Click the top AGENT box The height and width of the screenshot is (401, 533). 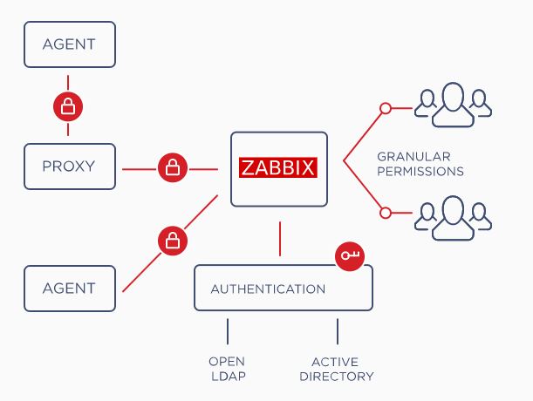click(x=69, y=44)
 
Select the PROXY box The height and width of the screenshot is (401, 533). click(x=69, y=167)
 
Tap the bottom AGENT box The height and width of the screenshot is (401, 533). click(x=69, y=289)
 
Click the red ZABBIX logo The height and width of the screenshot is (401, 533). click(x=278, y=167)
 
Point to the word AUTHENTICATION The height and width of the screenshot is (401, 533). click(x=268, y=289)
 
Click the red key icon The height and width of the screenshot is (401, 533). click(x=351, y=255)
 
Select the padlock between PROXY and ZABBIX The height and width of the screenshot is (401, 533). click(x=173, y=167)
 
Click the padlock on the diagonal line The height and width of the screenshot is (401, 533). click(x=173, y=239)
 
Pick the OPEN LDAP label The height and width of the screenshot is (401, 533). click(x=227, y=369)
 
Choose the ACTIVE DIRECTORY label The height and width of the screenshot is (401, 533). click(x=337, y=369)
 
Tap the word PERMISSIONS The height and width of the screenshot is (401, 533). click(x=420, y=172)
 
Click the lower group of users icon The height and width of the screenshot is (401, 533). click(x=452, y=214)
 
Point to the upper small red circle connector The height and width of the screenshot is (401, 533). click(x=384, y=109)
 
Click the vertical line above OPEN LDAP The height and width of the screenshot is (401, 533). click(x=227, y=331)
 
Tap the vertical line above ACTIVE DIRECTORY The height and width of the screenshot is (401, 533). click(x=337, y=331)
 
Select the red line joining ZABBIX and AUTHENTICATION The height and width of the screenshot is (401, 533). click(x=279, y=239)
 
